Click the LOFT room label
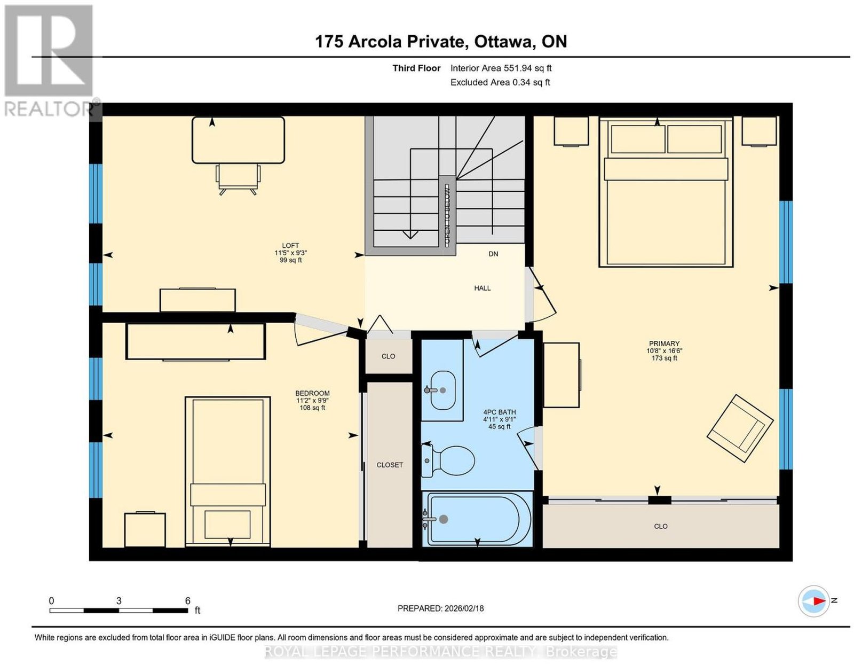(x=290, y=245)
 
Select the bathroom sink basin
(x=443, y=390)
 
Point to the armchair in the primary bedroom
(x=740, y=428)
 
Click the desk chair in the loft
(x=238, y=179)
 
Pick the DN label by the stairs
(x=493, y=254)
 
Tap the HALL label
(x=482, y=288)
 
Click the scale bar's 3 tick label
(x=118, y=601)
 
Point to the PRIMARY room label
(x=664, y=343)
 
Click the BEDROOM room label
(x=312, y=393)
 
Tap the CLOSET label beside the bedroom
(x=390, y=465)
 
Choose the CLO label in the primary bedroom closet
(x=661, y=526)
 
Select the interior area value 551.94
(x=518, y=68)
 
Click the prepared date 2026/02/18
(x=464, y=608)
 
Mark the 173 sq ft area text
(x=664, y=358)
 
